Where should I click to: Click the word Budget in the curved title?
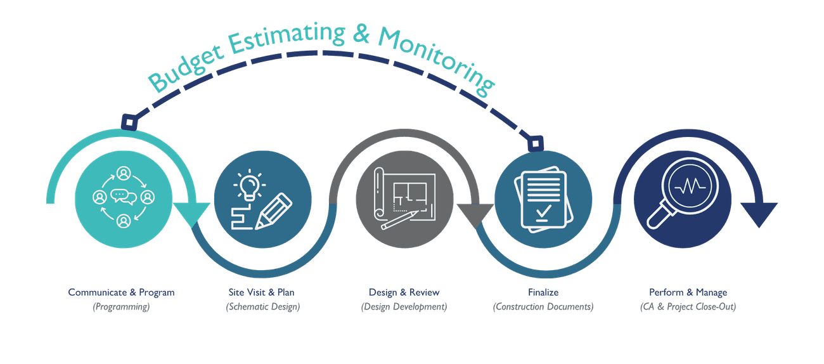coord(186,67)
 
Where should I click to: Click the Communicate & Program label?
coord(121,292)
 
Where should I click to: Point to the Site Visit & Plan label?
coord(262,292)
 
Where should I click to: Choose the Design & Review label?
coord(404,292)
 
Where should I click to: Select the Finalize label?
coord(543,292)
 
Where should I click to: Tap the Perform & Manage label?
coord(688,292)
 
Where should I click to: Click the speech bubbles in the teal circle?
coord(124,196)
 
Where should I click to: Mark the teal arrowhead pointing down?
coord(191,214)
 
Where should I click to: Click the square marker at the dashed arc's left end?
coord(128,121)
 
